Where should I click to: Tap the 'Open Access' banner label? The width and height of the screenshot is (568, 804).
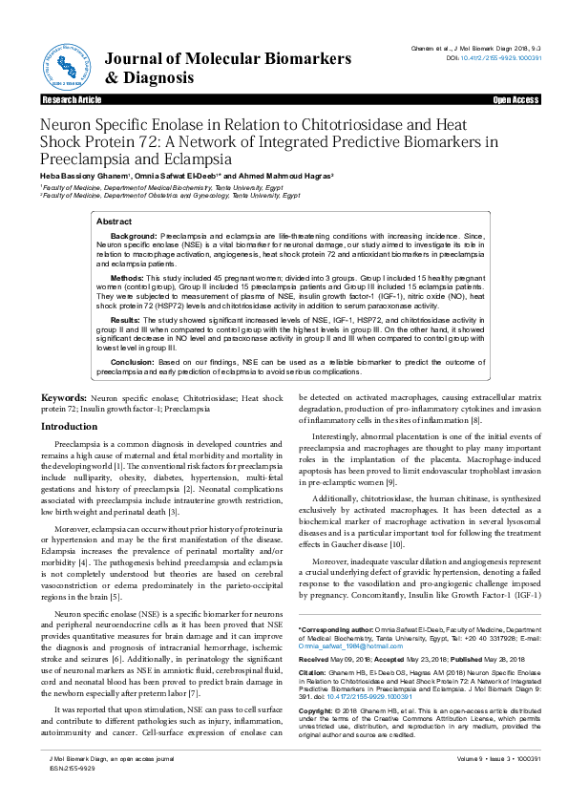(515, 99)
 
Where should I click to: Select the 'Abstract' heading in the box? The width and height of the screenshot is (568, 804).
(116, 222)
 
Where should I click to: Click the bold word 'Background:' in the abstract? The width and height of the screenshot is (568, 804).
(134, 235)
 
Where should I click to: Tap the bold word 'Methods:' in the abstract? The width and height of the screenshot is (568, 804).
(127, 278)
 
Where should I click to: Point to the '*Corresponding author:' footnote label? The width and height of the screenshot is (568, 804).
(334, 631)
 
